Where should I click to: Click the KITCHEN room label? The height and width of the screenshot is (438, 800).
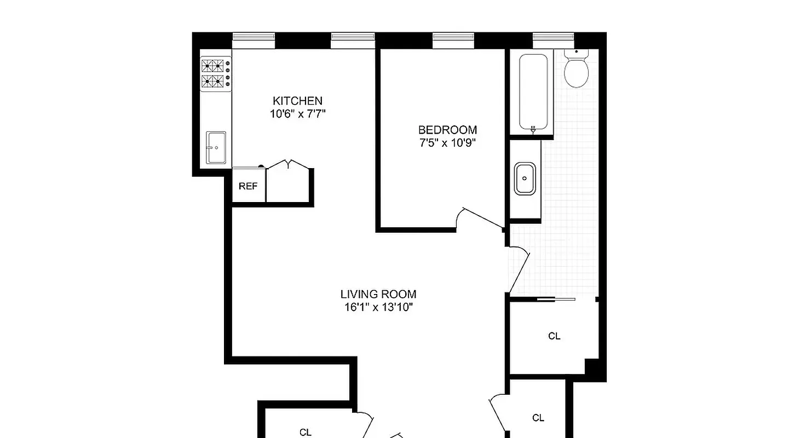297,101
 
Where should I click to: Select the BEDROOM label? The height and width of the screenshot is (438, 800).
447,130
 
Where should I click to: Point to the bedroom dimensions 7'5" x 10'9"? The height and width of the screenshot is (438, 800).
447,143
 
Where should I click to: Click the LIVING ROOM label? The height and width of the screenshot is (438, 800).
378,294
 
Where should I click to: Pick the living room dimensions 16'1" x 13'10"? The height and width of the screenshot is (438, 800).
378,307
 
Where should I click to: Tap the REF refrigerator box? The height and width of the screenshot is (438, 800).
248,186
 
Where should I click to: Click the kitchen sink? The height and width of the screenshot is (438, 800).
216,147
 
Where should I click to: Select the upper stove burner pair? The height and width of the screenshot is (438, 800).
214,66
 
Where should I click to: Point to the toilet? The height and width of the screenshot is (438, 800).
576,71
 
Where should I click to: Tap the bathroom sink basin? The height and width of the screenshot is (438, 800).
525,178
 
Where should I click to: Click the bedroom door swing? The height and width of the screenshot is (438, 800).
479,219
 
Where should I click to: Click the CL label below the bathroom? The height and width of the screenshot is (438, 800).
554,336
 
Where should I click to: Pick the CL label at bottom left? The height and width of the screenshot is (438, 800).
306,432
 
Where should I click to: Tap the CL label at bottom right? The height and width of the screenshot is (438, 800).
538,418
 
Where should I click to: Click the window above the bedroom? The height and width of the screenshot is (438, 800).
453,37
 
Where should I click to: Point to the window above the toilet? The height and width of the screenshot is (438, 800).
553,37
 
